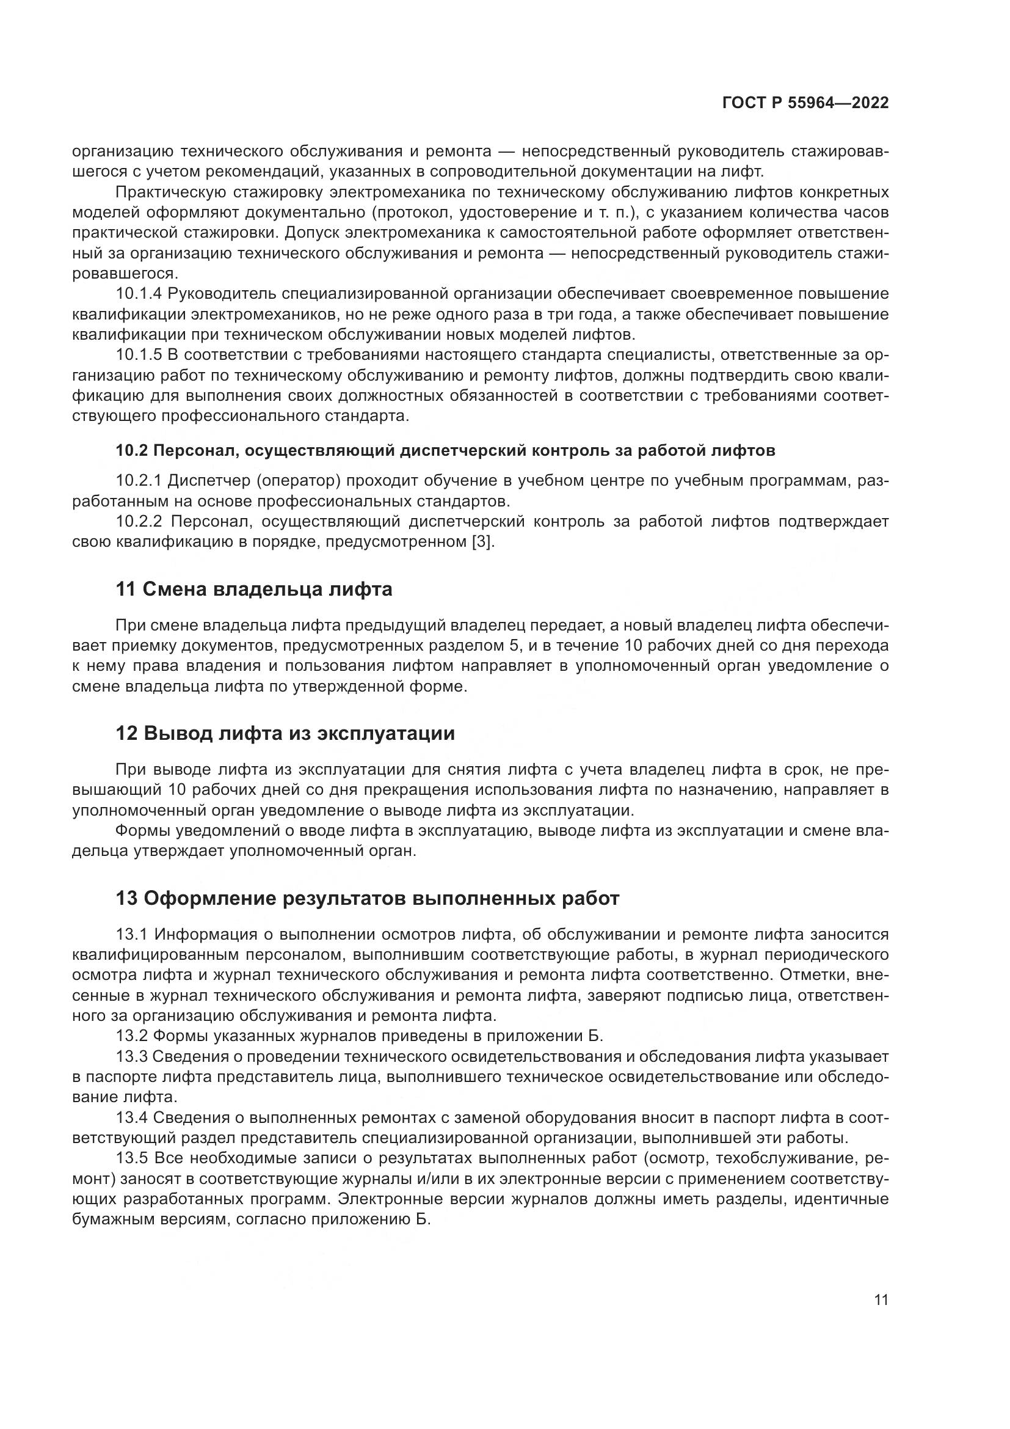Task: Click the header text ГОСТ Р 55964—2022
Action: [x=805, y=103]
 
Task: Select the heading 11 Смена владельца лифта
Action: [x=254, y=589]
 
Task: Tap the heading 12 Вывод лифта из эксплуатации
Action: [x=285, y=733]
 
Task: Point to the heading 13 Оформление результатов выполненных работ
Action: [x=368, y=899]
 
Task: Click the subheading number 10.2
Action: [x=131, y=451]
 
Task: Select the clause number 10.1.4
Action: [x=139, y=294]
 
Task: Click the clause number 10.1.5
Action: [x=139, y=355]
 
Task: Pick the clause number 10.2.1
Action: [x=139, y=481]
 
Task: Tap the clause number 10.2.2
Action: [x=139, y=522]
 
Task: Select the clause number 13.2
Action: [x=131, y=1036]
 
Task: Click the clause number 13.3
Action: [x=131, y=1057]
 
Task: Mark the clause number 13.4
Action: [x=131, y=1118]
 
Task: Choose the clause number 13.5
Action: [x=131, y=1158]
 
